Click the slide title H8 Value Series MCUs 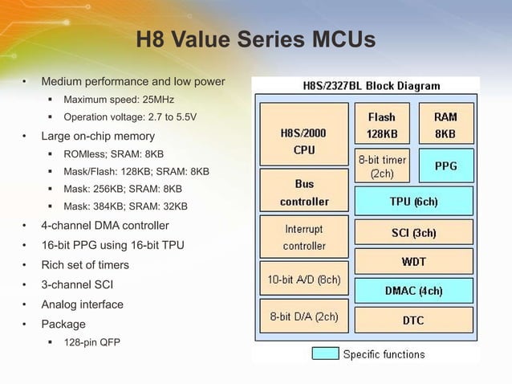pyautogui.click(x=255, y=39)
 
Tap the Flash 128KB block pyautogui.click(x=381, y=125)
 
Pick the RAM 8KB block pyautogui.click(x=445, y=125)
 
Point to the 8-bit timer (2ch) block pyautogui.click(x=381, y=165)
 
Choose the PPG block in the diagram pyautogui.click(x=445, y=165)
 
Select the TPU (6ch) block pyautogui.click(x=413, y=201)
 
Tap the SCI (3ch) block pyautogui.click(x=413, y=234)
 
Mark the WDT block pyautogui.click(x=413, y=261)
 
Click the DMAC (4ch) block pyautogui.click(x=413, y=290)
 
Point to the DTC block pyautogui.click(x=413, y=320)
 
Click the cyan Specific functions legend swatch pyautogui.click(x=324, y=353)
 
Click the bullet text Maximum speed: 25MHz pyautogui.click(x=119, y=100)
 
